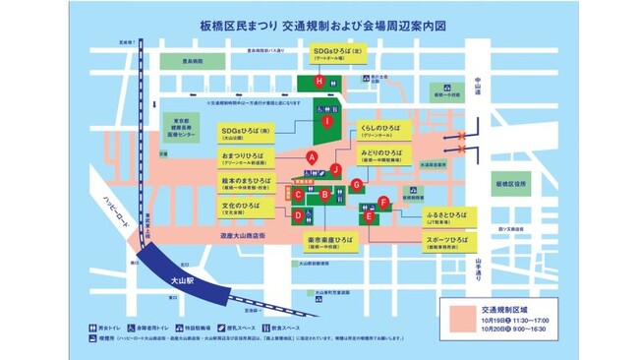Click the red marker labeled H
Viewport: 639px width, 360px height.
click(x=318, y=81)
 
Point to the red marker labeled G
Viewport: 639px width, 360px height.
click(x=357, y=184)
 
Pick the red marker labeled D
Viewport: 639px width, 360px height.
click(x=298, y=214)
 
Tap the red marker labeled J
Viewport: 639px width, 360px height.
click(x=335, y=169)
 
